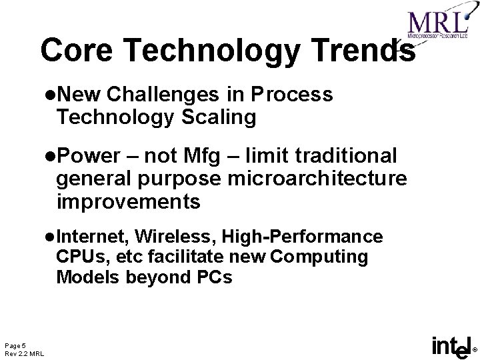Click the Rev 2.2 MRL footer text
pos(24,353)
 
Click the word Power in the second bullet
pos(92,156)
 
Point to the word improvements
pos(128,201)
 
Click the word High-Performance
pos(303,237)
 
